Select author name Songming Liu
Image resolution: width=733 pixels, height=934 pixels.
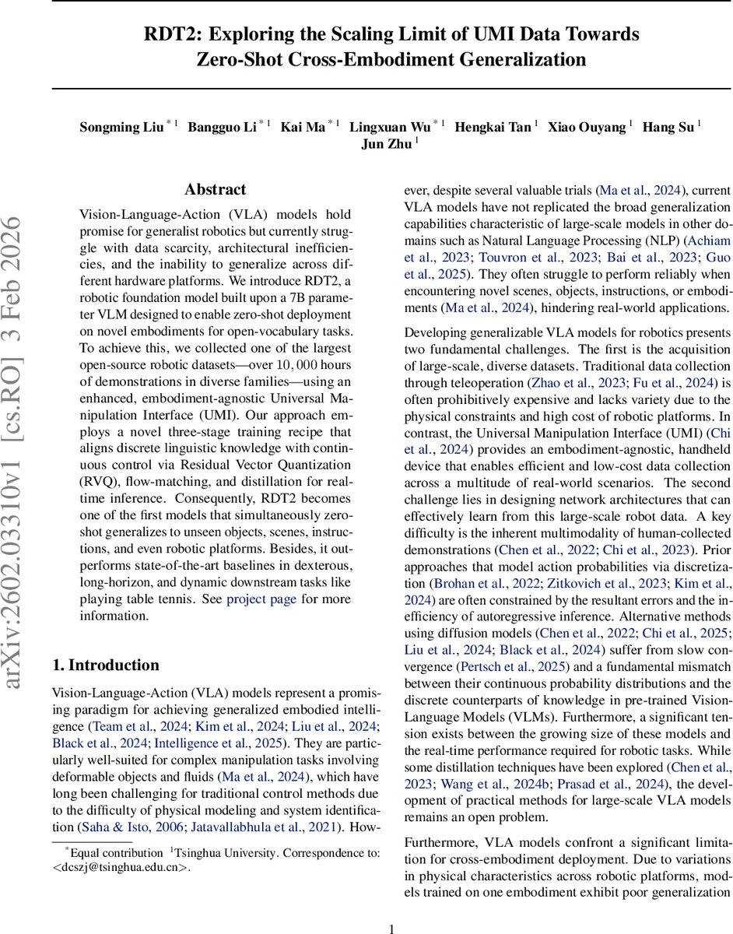[x=121, y=128]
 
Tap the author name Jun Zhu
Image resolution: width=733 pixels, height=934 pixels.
[x=387, y=145]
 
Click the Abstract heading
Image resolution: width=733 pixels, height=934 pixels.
[x=216, y=189]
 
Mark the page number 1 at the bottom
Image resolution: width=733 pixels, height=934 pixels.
[x=392, y=908]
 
